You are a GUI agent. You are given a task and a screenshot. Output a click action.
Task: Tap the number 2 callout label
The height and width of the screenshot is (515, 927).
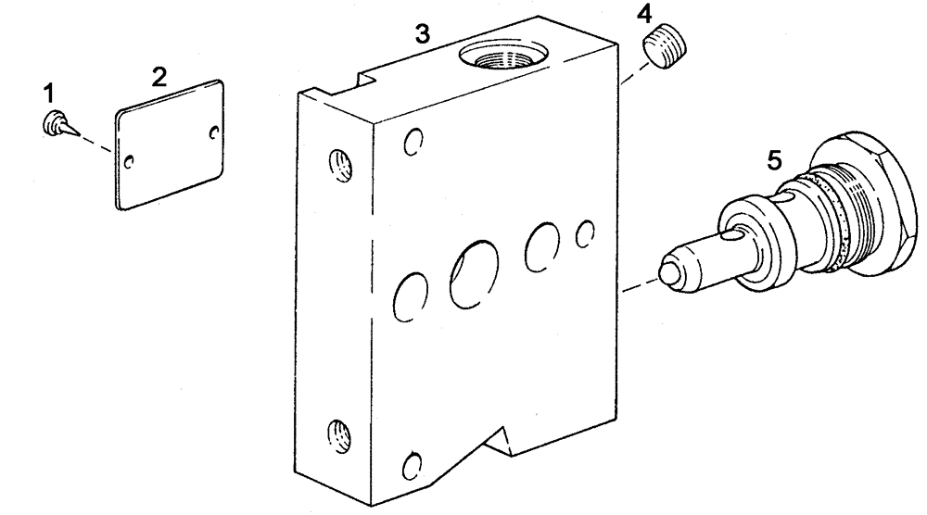(x=159, y=76)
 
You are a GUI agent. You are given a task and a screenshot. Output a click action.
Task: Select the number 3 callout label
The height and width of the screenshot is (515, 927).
(x=422, y=34)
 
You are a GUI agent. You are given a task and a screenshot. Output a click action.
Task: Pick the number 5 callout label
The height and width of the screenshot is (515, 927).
(x=775, y=160)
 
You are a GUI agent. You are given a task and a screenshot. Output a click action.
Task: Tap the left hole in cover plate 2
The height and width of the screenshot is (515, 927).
(x=130, y=161)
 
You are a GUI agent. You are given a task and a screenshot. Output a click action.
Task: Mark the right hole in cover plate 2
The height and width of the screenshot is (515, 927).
(x=216, y=133)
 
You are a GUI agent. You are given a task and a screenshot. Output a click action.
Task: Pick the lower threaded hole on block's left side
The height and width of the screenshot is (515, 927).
(x=337, y=433)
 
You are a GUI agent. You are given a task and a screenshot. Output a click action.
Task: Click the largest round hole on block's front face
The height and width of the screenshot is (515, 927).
(x=474, y=275)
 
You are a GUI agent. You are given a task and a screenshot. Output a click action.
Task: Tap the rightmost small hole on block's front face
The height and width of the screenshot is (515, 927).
(x=585, y=234)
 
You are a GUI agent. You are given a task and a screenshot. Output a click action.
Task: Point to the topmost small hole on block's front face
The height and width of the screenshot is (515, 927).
(x=414, y=143)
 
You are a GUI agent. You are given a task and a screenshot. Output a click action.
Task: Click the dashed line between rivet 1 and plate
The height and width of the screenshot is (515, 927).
(x=94, y=139)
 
